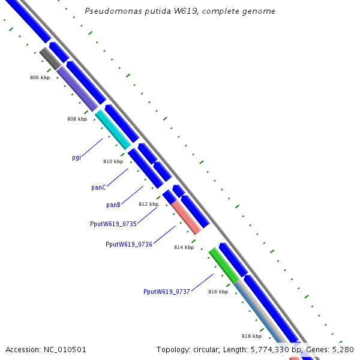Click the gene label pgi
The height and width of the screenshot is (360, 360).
(x=76, y=158)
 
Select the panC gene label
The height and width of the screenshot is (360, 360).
(x=98, y=188)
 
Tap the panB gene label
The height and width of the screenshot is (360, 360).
(x=113, y=205)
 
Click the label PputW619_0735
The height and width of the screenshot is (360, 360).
(x=113, y=224)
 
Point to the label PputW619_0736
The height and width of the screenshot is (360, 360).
(x=128, y=244)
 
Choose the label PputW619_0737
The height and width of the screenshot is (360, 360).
(x=166, y=292)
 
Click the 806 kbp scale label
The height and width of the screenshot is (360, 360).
(x=40, y=78)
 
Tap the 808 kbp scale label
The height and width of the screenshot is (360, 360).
(x=77, y=119)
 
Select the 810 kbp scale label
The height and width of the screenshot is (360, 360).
(x=113, y=161)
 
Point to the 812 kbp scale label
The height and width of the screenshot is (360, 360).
(x=148, y=204)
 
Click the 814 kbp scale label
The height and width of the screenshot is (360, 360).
(x=184, y=247)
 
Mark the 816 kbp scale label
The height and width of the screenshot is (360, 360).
(x=218, y=292)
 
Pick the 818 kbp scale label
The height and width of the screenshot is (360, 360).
(x=251, y=336)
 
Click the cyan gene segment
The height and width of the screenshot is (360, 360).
(x=113, y=129)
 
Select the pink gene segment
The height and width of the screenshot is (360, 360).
(x=186, y=217)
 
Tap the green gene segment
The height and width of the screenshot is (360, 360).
(x=224, y=265)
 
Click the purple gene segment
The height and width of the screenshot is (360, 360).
(x=77, y=88)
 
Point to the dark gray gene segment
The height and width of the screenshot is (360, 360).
(x=50, y=58)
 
